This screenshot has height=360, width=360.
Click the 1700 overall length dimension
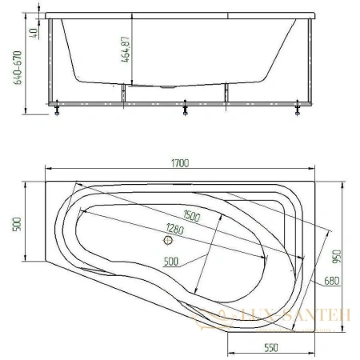[x=180, y=163]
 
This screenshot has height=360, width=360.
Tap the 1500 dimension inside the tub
[x=192, y=216]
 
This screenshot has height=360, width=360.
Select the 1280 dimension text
[x=174, y=229]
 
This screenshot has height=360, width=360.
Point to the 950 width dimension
[x=337, y=256]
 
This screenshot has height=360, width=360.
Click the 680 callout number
[x=332, y=281]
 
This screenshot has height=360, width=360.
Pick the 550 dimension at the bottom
[x=271, y=347]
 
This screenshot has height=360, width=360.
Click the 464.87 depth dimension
[x=126, y=50]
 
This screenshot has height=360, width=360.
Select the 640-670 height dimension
[x=18, y=67]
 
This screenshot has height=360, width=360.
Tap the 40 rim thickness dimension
[x=34, y=33]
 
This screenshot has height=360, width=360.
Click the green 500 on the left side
[x=17, y=225]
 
